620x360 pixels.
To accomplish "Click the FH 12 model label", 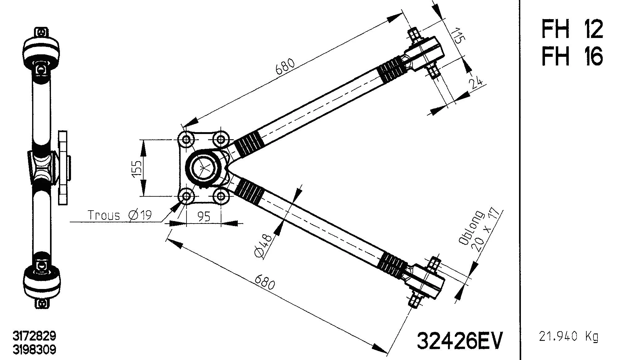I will [x=572, y=29].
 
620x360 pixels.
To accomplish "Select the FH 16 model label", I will [x=572, y=56].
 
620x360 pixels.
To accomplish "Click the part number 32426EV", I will [x=460, y=341].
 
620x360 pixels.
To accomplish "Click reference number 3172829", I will [x=34, y=336].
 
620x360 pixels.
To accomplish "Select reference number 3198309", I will [x=34, y=350].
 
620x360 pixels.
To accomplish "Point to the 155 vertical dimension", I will [x=137, y=168].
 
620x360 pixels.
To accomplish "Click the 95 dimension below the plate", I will [x=204, y=216].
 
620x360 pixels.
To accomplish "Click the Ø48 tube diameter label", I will [x=263, y=246].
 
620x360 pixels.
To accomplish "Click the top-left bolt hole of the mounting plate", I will [x=186, y=140].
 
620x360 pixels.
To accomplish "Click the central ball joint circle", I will [x=204, y=167].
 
